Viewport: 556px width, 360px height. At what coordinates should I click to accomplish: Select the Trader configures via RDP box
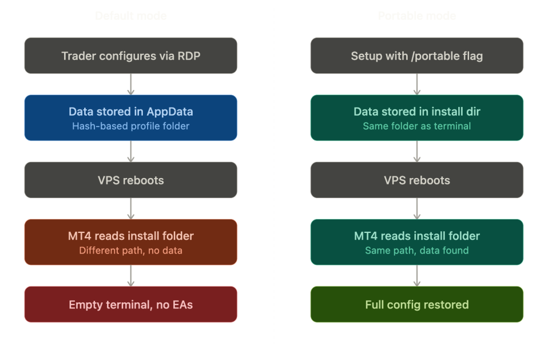131,55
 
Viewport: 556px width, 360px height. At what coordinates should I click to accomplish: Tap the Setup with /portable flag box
416,55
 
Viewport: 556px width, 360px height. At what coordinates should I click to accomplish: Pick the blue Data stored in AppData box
131,118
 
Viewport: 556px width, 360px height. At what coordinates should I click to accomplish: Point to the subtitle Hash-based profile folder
131,126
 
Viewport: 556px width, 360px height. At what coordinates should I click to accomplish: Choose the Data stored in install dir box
416,118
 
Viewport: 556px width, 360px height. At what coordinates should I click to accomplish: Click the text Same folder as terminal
416,126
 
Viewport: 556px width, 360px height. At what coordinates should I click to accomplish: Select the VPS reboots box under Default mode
131,180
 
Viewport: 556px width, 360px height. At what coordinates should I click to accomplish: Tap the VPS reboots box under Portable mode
416,180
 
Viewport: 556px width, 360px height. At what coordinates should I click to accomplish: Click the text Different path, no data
131,250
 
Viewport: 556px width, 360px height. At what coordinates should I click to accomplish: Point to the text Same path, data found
416,250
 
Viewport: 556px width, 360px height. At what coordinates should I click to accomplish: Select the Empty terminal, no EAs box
131,304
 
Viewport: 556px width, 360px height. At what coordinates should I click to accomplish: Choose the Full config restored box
416,304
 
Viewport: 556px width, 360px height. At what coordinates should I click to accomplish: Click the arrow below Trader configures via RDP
131,84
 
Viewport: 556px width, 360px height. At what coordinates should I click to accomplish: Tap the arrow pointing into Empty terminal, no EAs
131,276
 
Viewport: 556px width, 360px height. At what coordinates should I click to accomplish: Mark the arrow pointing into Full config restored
416,276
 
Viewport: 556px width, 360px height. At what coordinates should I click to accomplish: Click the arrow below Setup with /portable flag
416,84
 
